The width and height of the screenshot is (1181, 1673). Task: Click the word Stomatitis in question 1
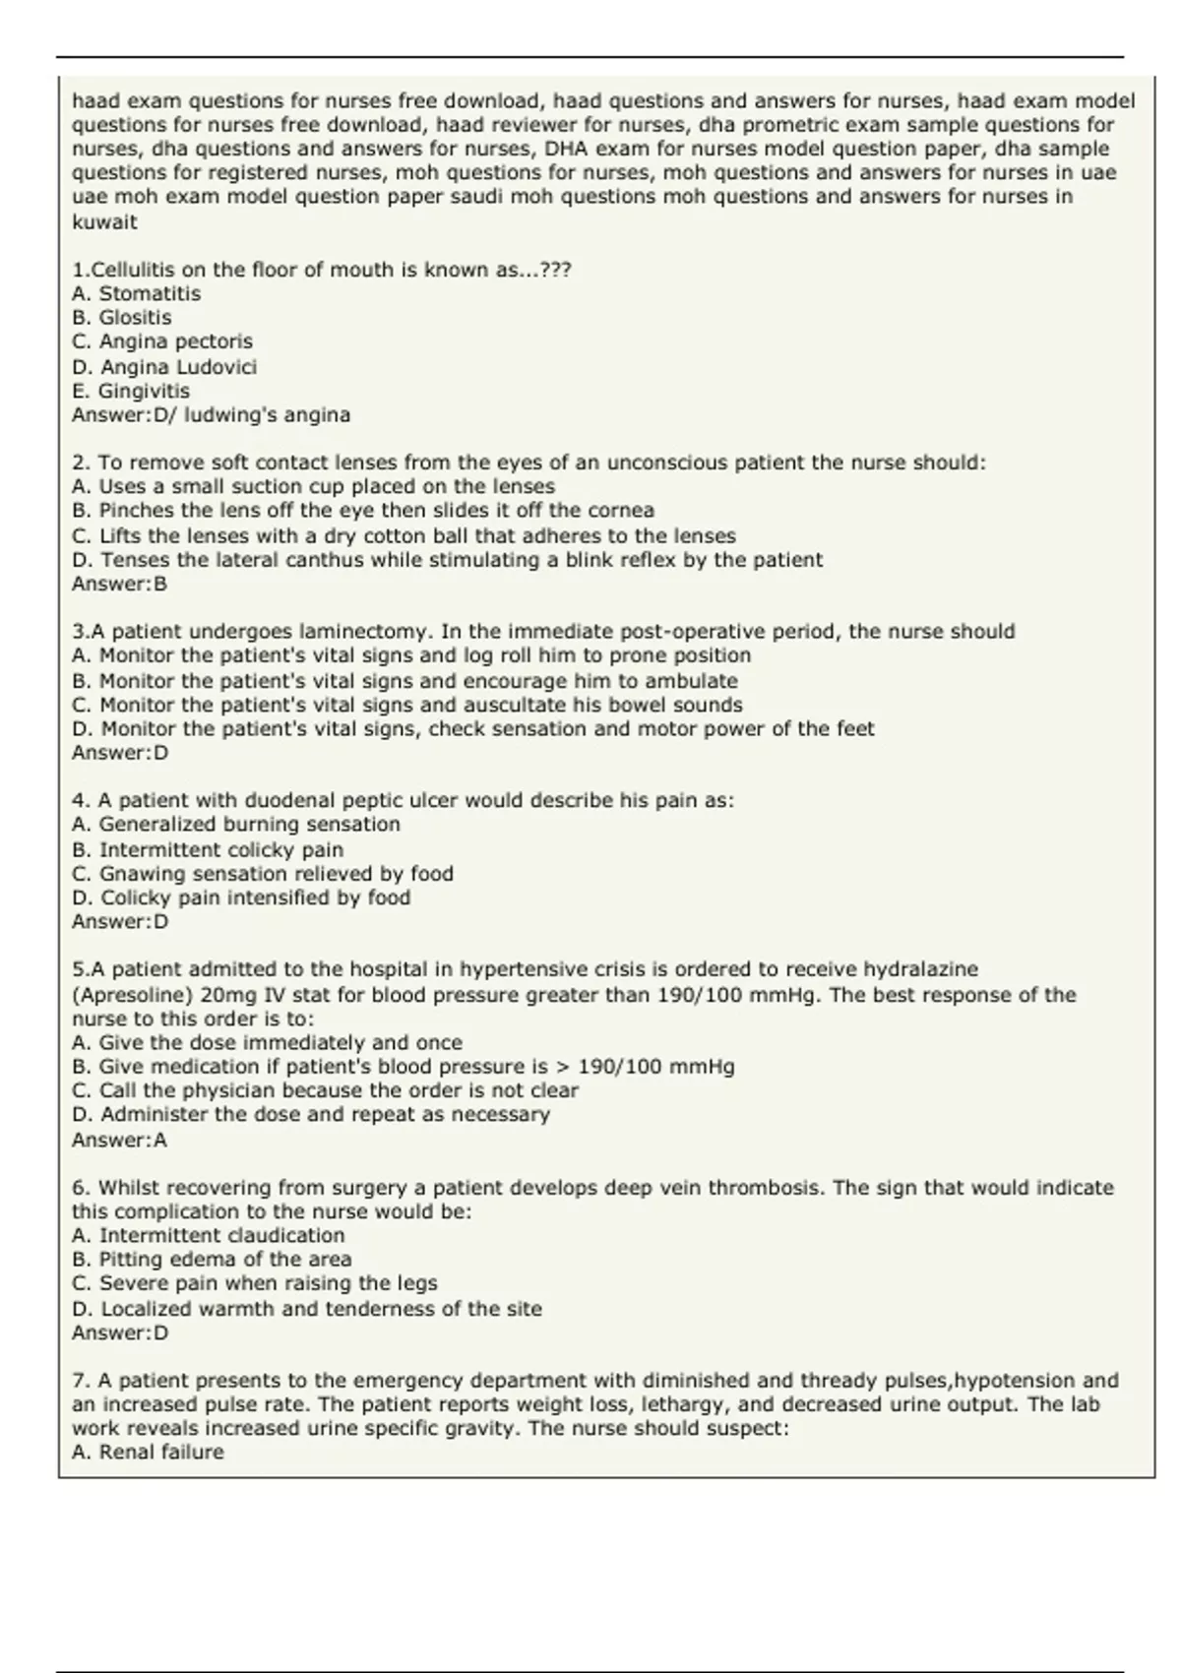click(x=150, y=293)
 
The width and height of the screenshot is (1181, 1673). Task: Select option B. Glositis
click(x=122, y=318)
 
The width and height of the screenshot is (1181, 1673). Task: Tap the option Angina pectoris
click(x=162, y=341)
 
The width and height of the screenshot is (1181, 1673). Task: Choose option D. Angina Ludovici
click(x=164, y=367)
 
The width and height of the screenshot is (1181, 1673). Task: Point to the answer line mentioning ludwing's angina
click(x=211, y=415)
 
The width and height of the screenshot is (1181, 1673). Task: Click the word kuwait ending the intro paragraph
click(x=104, y=221)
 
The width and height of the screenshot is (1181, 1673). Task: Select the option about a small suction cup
click(x=313, y=487)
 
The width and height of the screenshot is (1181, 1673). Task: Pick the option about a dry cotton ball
click(x=404, y=536)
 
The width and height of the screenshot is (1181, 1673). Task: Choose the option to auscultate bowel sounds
click(x=407, y=705)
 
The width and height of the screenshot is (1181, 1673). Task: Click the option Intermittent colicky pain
click(x=208, y=849)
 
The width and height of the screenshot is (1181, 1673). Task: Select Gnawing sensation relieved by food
click(x=263, y=874)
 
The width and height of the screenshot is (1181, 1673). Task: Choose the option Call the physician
click(x=325, y=1090)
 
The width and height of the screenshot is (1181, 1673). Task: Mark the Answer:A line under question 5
click(x=119, y=1141)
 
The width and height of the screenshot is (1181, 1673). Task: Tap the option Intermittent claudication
click(x=209, y=1235)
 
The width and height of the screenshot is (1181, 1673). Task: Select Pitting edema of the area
click(x=212, y=1260)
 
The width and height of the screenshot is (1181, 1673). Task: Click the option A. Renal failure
click(x=148, y=1453)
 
